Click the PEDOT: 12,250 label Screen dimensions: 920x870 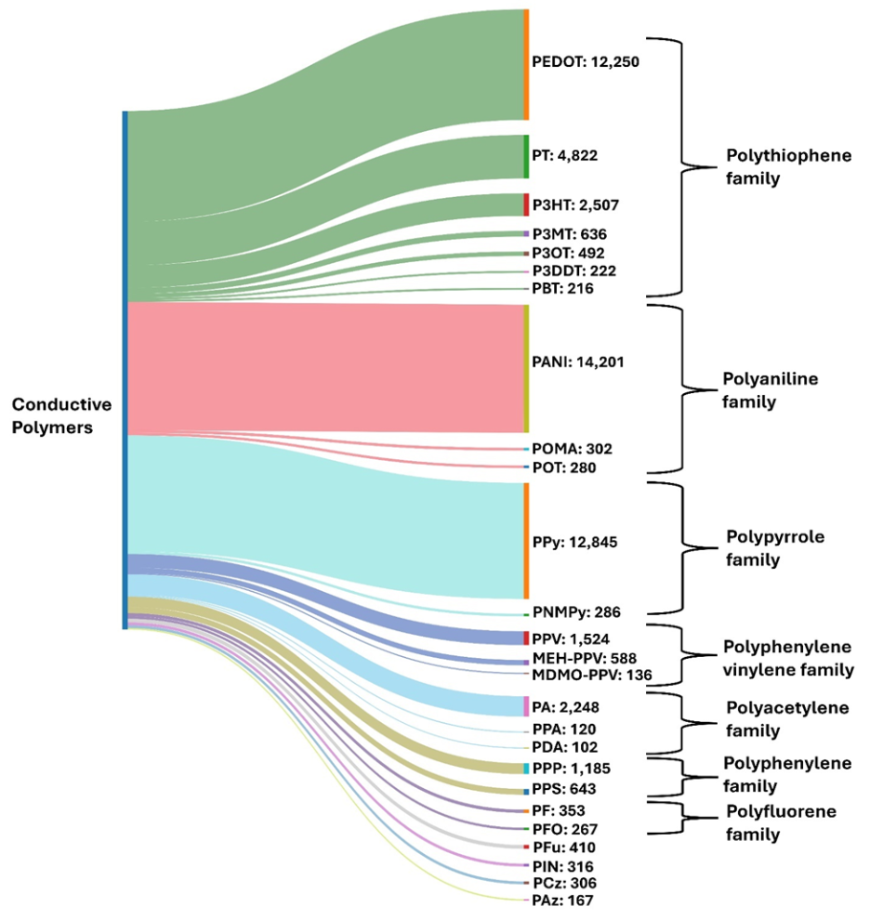pos(586,63)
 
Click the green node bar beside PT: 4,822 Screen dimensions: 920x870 pos(526,156)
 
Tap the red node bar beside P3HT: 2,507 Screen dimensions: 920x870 pos(526,204)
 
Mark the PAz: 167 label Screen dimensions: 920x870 pos(562,900)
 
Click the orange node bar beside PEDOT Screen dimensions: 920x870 pos(526,64)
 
